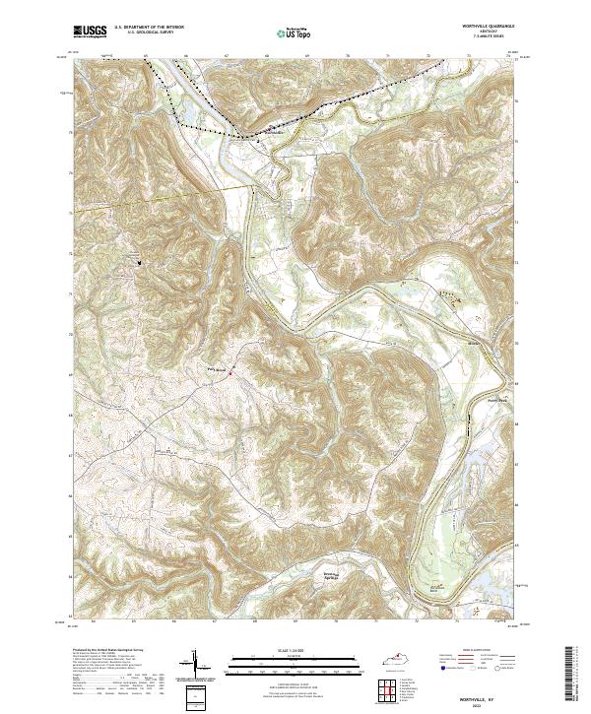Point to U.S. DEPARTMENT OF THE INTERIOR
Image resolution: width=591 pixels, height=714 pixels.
pos(149,29)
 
